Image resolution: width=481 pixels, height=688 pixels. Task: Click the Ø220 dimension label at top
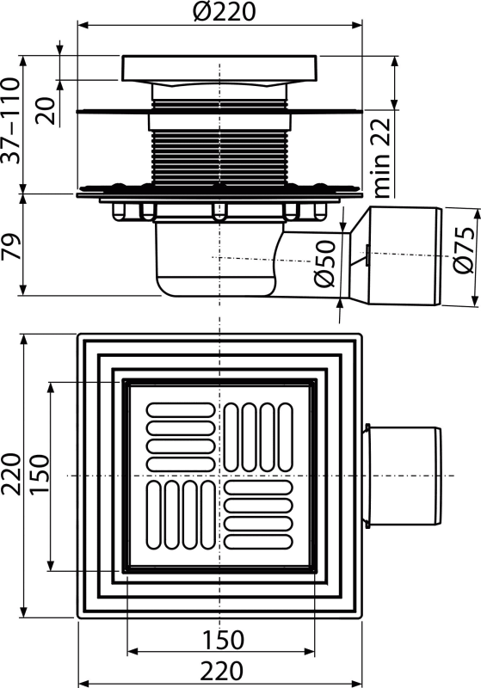[x=225, y=12]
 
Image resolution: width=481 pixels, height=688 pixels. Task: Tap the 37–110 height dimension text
[x=11, y=120]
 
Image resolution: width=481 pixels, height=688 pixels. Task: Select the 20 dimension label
[x=46, y=111]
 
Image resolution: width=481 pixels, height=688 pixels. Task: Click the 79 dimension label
[x=11, y=247]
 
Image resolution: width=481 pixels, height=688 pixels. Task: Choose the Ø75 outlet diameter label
[x=465, y=250]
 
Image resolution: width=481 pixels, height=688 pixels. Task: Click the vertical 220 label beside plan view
[x=11, y=475]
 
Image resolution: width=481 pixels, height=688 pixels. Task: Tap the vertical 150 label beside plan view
[x=40, y=475]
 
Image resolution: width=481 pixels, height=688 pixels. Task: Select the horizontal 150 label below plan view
[x=222, y=640]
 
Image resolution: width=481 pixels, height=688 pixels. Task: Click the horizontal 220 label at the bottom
[x=222, y=671]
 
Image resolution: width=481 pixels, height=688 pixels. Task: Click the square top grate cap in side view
[x=219, y=68]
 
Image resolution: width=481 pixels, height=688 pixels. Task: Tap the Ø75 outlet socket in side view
[x=404, y=256]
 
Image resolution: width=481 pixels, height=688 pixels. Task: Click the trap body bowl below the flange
[x=215, y=260]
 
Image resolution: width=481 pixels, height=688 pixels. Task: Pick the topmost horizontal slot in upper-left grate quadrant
[x=181, y=410]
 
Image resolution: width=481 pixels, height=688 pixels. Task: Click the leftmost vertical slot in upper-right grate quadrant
[x=231, y=438]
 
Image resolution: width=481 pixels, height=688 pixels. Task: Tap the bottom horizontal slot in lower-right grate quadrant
[x=258, y=543]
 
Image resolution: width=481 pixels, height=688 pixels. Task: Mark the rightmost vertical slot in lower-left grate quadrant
[x=208, y=514]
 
